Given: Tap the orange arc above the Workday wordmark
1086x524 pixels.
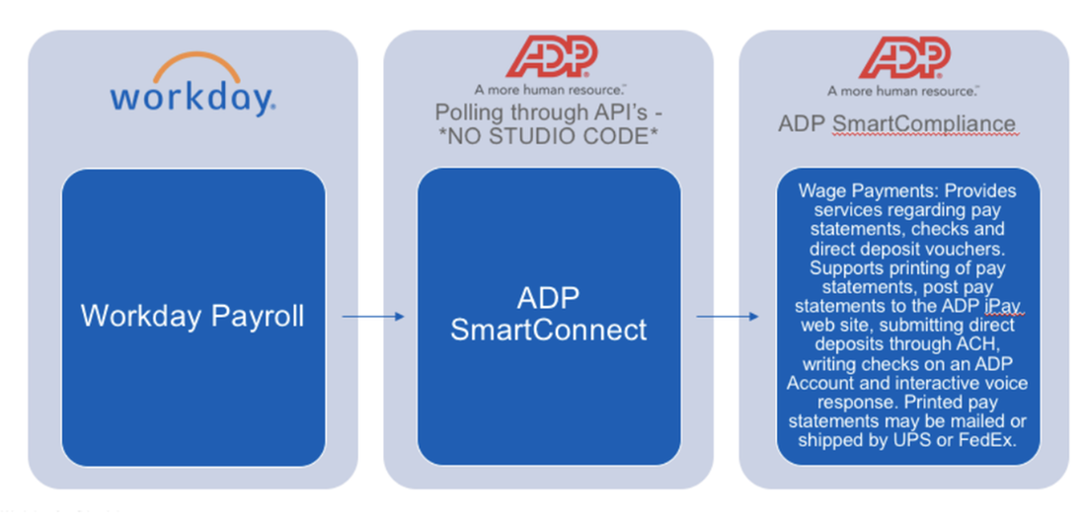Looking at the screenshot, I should pos(193,66).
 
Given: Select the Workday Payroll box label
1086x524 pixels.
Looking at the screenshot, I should pos(193,316).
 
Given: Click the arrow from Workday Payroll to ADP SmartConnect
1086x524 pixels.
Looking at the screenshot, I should pos(373,317).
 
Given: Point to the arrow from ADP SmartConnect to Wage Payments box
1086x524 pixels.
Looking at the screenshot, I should pos(728,317).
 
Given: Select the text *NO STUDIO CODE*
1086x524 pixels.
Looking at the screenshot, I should pos(549,136).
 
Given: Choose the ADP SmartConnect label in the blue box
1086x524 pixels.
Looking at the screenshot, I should pos(549,315).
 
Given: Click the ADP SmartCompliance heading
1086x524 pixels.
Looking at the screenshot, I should pos(896,123).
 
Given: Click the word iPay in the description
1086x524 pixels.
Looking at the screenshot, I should pos(999,307).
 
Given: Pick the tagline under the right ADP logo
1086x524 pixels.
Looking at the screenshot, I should pos(902,90).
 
